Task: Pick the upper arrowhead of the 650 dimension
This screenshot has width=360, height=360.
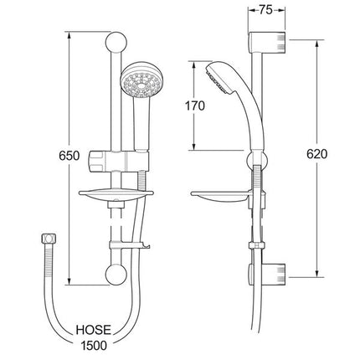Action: coord(69,37)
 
